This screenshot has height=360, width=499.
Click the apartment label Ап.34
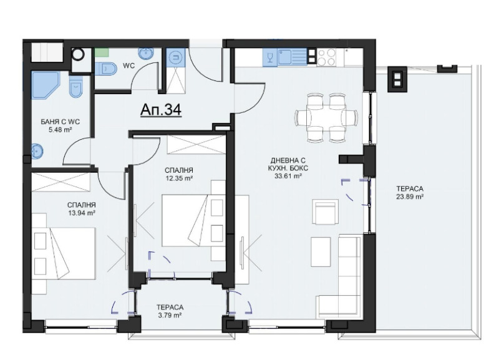(x=160, y=110)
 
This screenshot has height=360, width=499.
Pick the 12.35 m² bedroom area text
(x=178, y=178)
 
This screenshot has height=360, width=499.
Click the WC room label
(x=128, y=65)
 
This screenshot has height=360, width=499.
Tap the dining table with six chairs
(x=326, y=117)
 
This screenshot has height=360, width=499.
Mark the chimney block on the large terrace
(x=395, y=78)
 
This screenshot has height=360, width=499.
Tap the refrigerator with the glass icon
(x=269, y=57)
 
